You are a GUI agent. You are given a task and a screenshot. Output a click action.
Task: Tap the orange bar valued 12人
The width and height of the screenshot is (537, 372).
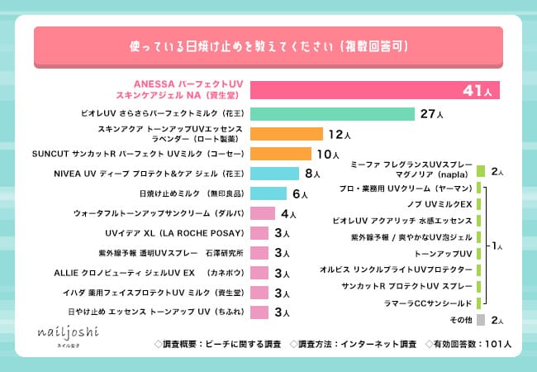tap(286, 134)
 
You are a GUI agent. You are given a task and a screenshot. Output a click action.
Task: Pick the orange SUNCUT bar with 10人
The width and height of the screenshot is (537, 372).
tap(280, 154)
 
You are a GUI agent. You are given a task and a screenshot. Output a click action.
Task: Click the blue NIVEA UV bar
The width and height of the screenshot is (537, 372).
tap(275, 174)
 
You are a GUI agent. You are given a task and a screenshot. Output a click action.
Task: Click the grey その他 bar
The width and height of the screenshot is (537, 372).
tap(480, 318)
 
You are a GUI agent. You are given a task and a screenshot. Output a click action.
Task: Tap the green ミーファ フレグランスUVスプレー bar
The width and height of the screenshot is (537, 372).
tap(480, 172)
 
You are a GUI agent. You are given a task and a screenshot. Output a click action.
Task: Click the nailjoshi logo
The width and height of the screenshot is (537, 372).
tap(65, 333)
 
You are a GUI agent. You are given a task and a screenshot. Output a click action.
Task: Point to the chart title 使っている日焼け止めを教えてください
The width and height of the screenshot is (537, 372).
tap(269, 45)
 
